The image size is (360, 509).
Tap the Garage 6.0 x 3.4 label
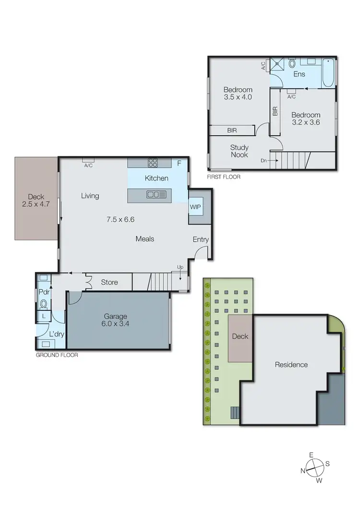115,320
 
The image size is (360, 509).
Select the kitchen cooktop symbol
153,163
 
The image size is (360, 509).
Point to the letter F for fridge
179,164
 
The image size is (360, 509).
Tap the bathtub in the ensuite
328,72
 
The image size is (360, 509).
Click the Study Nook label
239,151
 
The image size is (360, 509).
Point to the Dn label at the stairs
264,161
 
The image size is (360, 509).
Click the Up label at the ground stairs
180,267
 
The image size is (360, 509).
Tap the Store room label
109,282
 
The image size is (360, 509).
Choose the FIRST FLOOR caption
223,177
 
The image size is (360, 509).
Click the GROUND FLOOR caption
57,355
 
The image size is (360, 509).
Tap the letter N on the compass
303,471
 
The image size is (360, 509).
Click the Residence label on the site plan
291,365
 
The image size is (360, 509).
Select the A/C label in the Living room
88,166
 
